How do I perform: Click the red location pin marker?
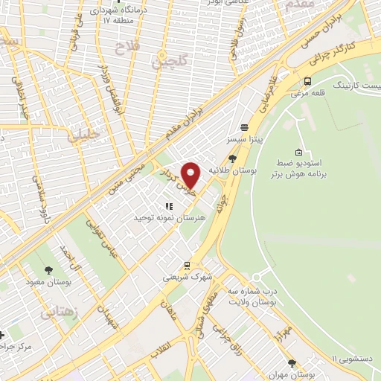191,175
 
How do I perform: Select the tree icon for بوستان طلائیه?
233,157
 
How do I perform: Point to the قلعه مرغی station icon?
307,81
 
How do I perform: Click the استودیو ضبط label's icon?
298,153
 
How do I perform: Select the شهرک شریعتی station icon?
188,264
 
